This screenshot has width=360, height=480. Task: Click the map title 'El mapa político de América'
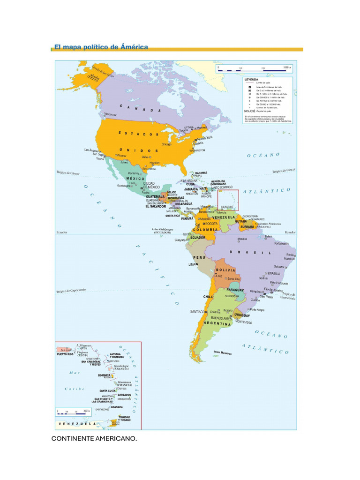101,47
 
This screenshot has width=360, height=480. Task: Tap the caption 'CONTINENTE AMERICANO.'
94,438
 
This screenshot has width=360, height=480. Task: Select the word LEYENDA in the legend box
252,80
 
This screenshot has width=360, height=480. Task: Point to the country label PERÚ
200,258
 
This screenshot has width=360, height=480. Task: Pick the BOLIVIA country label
225,270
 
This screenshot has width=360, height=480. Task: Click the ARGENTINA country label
217,323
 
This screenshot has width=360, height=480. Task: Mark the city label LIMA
192,265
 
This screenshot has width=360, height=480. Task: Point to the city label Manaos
242,239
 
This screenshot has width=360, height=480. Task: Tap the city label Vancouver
110,114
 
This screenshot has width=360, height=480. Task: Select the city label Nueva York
204,138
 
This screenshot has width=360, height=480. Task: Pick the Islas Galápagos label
162,230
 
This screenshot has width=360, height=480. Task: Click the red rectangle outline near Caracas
228,200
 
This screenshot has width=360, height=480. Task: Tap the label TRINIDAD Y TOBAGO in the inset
124,418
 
